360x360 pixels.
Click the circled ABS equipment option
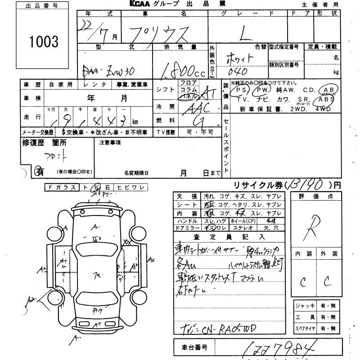[x=327, y=99]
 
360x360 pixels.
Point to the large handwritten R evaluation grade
[x=313, y=228]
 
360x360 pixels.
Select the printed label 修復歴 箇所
[x=44, y=143]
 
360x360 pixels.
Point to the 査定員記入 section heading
[x=230, y=236]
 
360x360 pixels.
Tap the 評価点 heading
[x=313, y=197]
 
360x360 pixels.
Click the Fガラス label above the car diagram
[x=62, y=187]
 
